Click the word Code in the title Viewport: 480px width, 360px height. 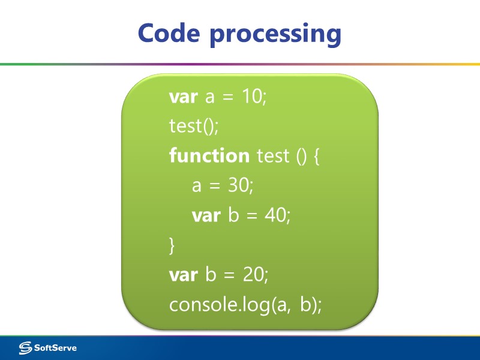point(170,33)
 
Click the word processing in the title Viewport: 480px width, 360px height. point(275,34)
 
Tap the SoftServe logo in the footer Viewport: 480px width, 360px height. point(48,347)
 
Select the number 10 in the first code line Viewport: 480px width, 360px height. point(252,97)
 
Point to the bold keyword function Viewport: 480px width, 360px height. point(209,156)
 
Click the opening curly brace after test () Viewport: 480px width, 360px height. point(317,157)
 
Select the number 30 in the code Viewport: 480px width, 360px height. point(239,186)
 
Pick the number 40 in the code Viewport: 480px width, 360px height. point(276,215)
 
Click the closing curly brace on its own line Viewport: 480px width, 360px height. point(173,245)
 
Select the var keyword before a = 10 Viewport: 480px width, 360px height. point(184,97)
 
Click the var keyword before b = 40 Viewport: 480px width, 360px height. point(206,216)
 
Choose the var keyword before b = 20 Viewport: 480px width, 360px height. point(184,275)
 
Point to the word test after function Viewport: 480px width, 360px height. point(272,157)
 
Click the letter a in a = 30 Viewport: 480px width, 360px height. point(196,187)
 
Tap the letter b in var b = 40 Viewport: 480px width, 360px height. point(233,215)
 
